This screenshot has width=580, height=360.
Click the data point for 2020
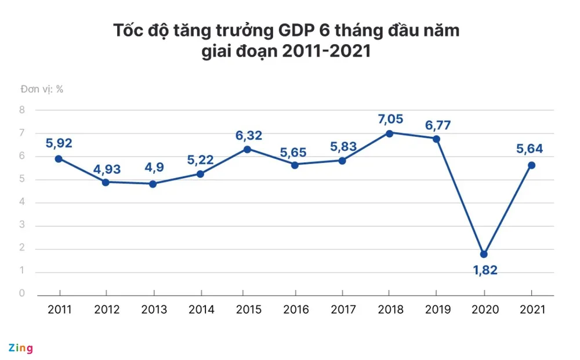click(x=484, y=254)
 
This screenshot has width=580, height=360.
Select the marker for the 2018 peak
click(x=389, y=133)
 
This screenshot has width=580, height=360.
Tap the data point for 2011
click(x=59, y=159)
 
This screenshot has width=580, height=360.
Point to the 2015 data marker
click(x=247, y=149)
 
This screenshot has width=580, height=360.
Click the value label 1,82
click(x=484, y=270)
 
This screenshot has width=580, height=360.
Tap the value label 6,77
click(x=437, y=125)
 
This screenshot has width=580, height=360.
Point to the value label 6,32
click(x=249, y=136)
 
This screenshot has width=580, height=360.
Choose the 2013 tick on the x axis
click(x=154, y=310)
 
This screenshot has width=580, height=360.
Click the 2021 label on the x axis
click(x=532, y=310)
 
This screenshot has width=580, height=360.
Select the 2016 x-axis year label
click(x=295, y=310)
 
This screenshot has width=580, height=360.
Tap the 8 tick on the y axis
click(x=22, y=110)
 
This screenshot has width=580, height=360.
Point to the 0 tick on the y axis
click(x=22, y=294)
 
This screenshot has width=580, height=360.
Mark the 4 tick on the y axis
click(x=22, y=202)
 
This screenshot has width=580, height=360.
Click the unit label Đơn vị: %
click(x=41, y=89)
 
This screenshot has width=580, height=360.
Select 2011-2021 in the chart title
click(x=327, y=52)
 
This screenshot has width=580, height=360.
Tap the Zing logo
click(x=20, y=348)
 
